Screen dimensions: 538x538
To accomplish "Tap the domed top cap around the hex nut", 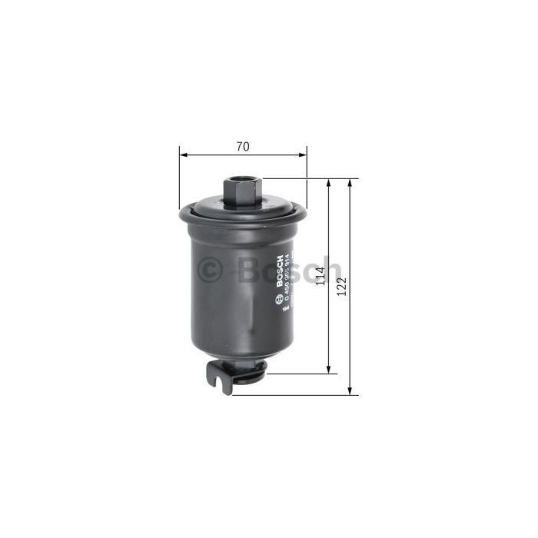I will (x=261, y=204).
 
